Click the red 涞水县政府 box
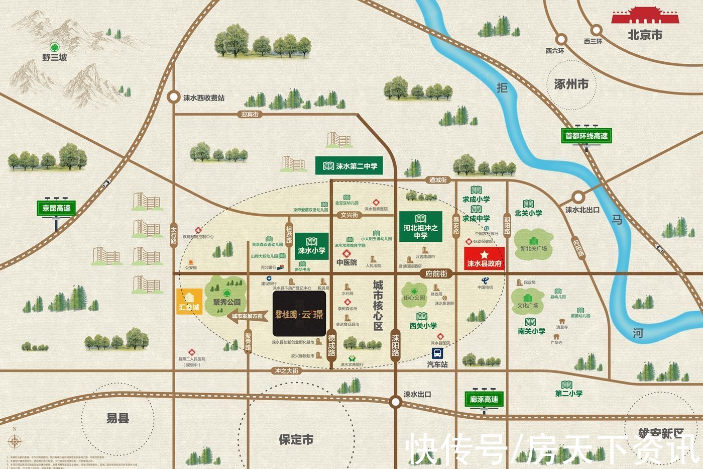484,259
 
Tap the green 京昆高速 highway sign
56,208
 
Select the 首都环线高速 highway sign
586,136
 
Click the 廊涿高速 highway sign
484,399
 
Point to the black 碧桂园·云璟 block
299,314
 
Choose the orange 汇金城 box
189,302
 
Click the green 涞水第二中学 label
349,166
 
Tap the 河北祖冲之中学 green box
421,232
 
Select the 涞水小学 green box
312,246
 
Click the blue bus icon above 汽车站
437,353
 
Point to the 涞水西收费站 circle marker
174,97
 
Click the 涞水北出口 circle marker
578,197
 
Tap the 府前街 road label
436,274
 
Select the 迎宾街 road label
250,115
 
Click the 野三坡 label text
54,58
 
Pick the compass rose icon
15,442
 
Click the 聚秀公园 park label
226,303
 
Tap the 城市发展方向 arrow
246,317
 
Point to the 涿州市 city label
571,84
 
